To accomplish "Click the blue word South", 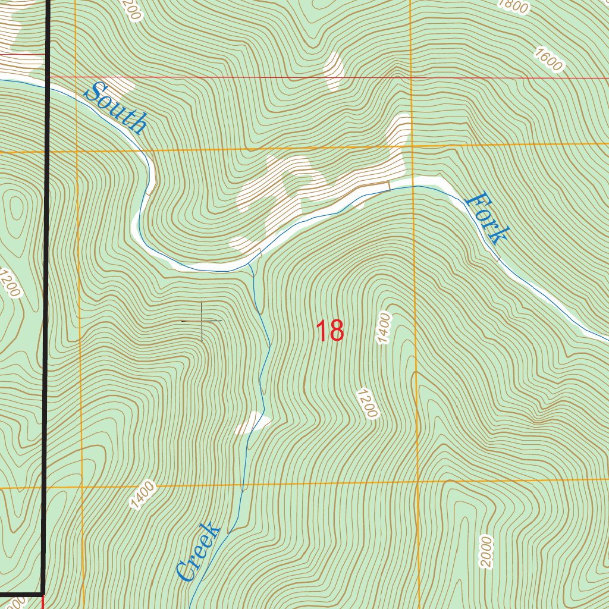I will coord(117,108).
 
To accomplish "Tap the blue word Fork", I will coord(486,218).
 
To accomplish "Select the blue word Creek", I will coord(199,552).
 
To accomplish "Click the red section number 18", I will coord(329,331).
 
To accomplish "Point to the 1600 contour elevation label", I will coord(548,60).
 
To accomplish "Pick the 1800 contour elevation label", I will coord(513,5).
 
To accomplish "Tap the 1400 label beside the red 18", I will coord(384,328).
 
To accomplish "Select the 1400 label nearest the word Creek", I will coord(143,495).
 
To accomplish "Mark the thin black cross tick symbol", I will coord(202,321).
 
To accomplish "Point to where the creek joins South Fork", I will coord(250,264).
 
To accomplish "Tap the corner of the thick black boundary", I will coord(43,593).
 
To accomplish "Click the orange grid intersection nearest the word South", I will coord(77,151).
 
